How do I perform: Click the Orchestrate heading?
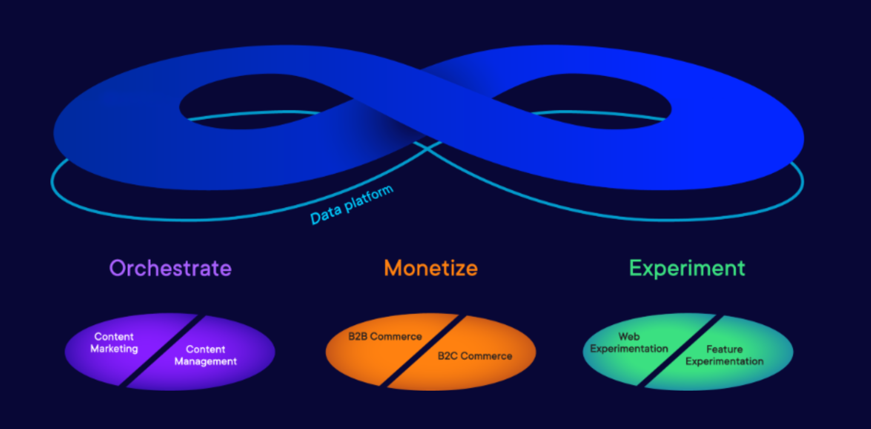point(170,268)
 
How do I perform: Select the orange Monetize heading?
point(431,268)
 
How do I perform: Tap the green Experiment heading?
point(687,269)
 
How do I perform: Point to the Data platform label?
point(351,205)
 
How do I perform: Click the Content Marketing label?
point(114,342)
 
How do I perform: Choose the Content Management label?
point(206,355)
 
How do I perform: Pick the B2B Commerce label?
point(385,336)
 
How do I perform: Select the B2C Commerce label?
point(475,356)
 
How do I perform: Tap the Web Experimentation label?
point(629,342)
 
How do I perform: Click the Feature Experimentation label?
point(724,355)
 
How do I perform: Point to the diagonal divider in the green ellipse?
point(680,350)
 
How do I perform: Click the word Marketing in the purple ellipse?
point(114,349)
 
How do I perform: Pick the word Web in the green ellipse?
point(629,336)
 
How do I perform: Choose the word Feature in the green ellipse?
point(724,349)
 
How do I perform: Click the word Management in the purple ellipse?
point(206,362)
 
